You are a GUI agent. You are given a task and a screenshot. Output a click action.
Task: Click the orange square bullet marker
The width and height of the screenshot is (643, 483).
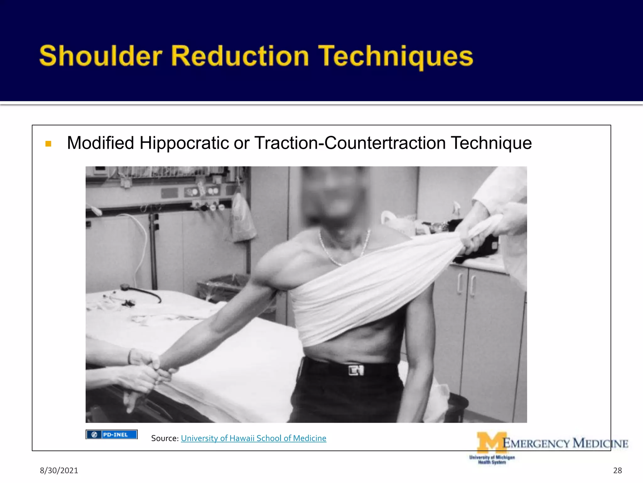pos(48,144)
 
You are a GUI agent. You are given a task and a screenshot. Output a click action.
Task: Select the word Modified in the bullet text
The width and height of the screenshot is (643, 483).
pos(100,143)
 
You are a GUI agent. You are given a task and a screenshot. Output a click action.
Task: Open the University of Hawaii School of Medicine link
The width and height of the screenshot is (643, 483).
pos(253,438)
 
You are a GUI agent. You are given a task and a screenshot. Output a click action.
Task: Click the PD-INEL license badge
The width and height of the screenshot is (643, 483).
pos(111,434)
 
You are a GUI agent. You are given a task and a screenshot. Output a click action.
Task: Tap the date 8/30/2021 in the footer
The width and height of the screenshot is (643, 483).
pos(59,470)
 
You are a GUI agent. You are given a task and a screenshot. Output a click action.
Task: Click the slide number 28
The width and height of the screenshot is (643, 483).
pos(617,470)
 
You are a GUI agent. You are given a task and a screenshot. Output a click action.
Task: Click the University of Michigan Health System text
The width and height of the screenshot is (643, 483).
pos(492,459)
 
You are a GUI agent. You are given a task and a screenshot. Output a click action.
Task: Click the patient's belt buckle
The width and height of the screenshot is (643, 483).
pos(356,370)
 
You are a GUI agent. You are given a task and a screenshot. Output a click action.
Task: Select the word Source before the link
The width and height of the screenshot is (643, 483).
pos(164,438)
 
